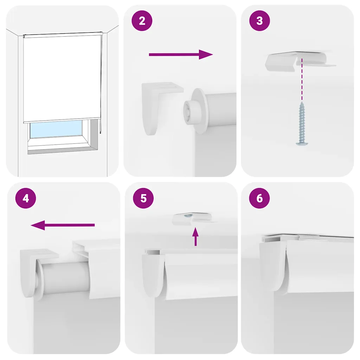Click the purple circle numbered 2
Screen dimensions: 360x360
142,21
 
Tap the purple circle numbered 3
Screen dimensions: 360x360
259,21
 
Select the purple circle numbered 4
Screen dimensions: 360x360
26,198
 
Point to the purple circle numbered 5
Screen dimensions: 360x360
143,198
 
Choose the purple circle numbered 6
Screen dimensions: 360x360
259,198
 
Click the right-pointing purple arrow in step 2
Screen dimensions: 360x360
181,54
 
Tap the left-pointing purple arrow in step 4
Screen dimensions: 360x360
63,225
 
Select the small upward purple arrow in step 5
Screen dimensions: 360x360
195,237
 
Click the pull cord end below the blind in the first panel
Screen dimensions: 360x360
100,132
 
